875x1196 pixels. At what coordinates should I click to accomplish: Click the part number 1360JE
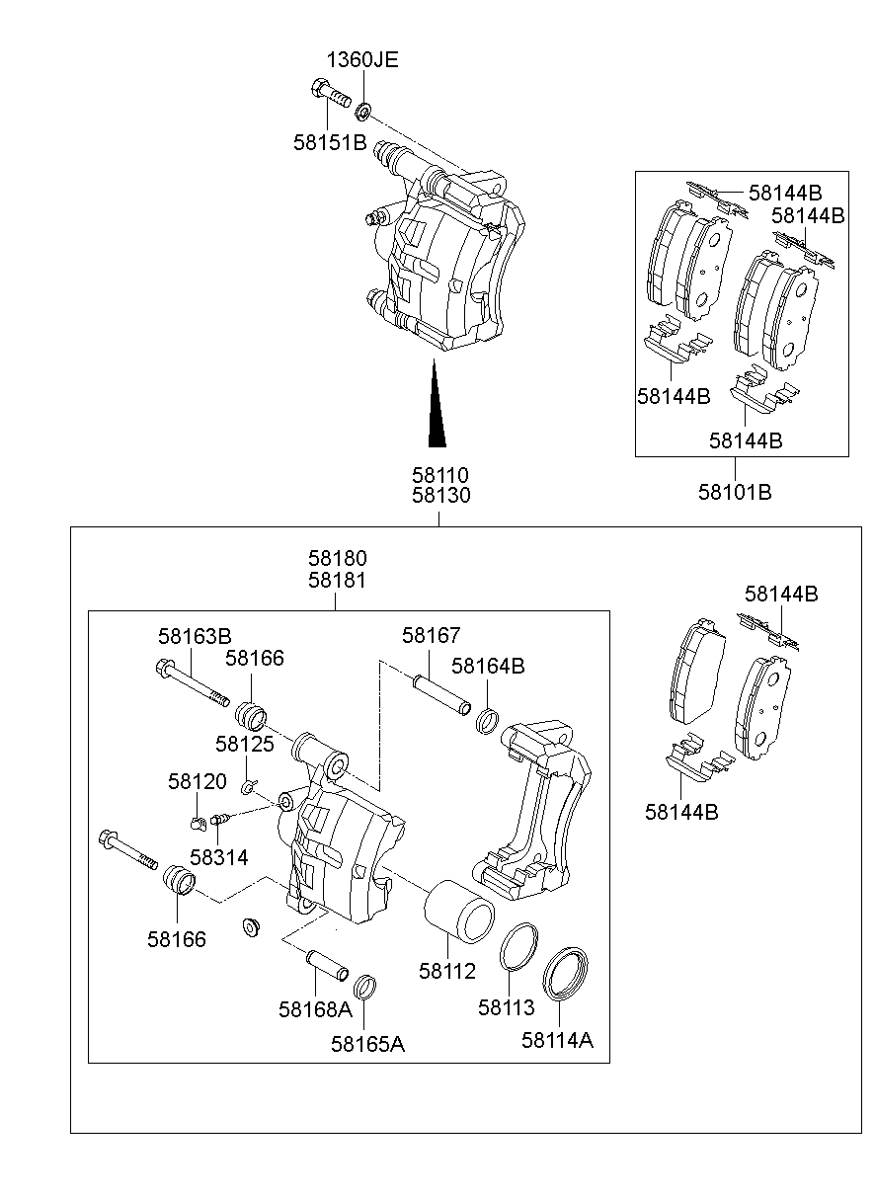pyautogui.click(x=362, y=59)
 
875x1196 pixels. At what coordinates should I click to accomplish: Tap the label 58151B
pyautogui.click(x=329, y=142)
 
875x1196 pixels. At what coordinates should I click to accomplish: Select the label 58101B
pyautogui.click(x=735, y=491)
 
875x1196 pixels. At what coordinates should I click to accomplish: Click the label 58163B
pyautogui.click(x=195, y=635)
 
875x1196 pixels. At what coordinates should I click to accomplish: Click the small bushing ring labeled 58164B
pyautogui.click(x=486, y=721)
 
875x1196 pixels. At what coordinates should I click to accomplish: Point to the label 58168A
pyautogui.click(x=314, y=1008)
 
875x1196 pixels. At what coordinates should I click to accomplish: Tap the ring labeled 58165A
pyautogui.click(x=365, y=986)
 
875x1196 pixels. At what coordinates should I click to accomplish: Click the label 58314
pyautogui.click(x=218, y=856)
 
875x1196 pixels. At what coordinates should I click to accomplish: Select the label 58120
pyautogui.click(x=197, y=781)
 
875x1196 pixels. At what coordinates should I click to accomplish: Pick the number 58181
pyautogui.click(x=336, y=581)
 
